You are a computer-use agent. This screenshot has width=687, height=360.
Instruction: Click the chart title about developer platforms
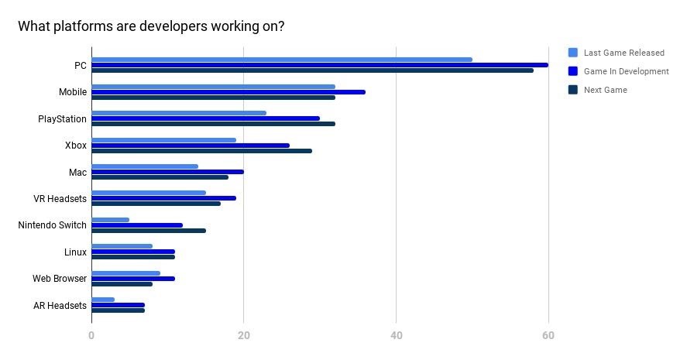click(x=151, y=26)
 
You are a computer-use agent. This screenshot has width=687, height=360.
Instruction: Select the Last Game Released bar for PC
click(x=281, y=60)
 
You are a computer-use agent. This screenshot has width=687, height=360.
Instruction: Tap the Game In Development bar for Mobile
click(x=228, y=92)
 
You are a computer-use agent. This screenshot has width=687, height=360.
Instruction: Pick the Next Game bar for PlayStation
click(x=213, y=124)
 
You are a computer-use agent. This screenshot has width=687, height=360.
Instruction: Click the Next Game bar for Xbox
click(x=201, y=151)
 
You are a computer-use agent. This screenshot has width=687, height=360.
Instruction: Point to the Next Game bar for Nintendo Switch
click(x=149, y=231)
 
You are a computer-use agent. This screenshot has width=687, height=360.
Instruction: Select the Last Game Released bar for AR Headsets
click(x=103, y=300)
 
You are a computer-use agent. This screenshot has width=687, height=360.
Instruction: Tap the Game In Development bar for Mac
click(x=167, y=172)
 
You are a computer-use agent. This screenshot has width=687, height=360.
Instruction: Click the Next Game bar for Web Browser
click(x=122, y=284)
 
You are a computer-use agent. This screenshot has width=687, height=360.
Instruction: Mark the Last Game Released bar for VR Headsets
click(x=149, y=193)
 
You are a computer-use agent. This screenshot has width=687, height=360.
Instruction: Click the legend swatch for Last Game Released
click(x=573, y=53)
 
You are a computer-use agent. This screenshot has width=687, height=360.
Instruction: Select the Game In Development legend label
click(x=626, y=71)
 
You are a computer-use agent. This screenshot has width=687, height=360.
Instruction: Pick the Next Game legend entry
click(x=605, y=90)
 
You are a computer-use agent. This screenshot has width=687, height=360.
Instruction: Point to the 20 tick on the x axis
click(x=243, y=335)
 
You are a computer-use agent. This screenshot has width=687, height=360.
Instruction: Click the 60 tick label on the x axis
click(x=548, y=335)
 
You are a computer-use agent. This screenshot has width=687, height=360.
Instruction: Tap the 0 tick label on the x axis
click(x=91, y=335)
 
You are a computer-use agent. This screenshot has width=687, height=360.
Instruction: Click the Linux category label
click(x=75, y=252)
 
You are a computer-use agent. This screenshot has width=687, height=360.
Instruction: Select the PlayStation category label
click(x=62, y=119)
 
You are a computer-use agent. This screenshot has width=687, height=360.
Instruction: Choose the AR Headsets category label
click(x=60, y=306)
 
